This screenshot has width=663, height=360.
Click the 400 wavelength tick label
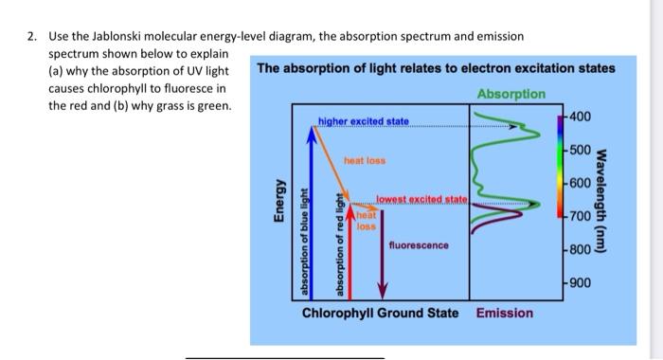click(581, 117)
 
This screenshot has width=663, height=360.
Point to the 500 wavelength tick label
click(581, 151)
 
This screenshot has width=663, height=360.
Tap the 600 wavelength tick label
click(581, 183)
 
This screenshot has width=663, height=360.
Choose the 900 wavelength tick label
click(581, 283)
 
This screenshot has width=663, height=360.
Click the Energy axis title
click(278, 204)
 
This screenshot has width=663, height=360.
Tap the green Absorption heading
click(511, 94)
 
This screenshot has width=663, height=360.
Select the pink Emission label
click(504, 312)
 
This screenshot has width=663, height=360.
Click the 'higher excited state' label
click(364, 121)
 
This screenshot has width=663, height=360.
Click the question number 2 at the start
click(31, 36)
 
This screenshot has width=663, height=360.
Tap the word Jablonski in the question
click(126, 36)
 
